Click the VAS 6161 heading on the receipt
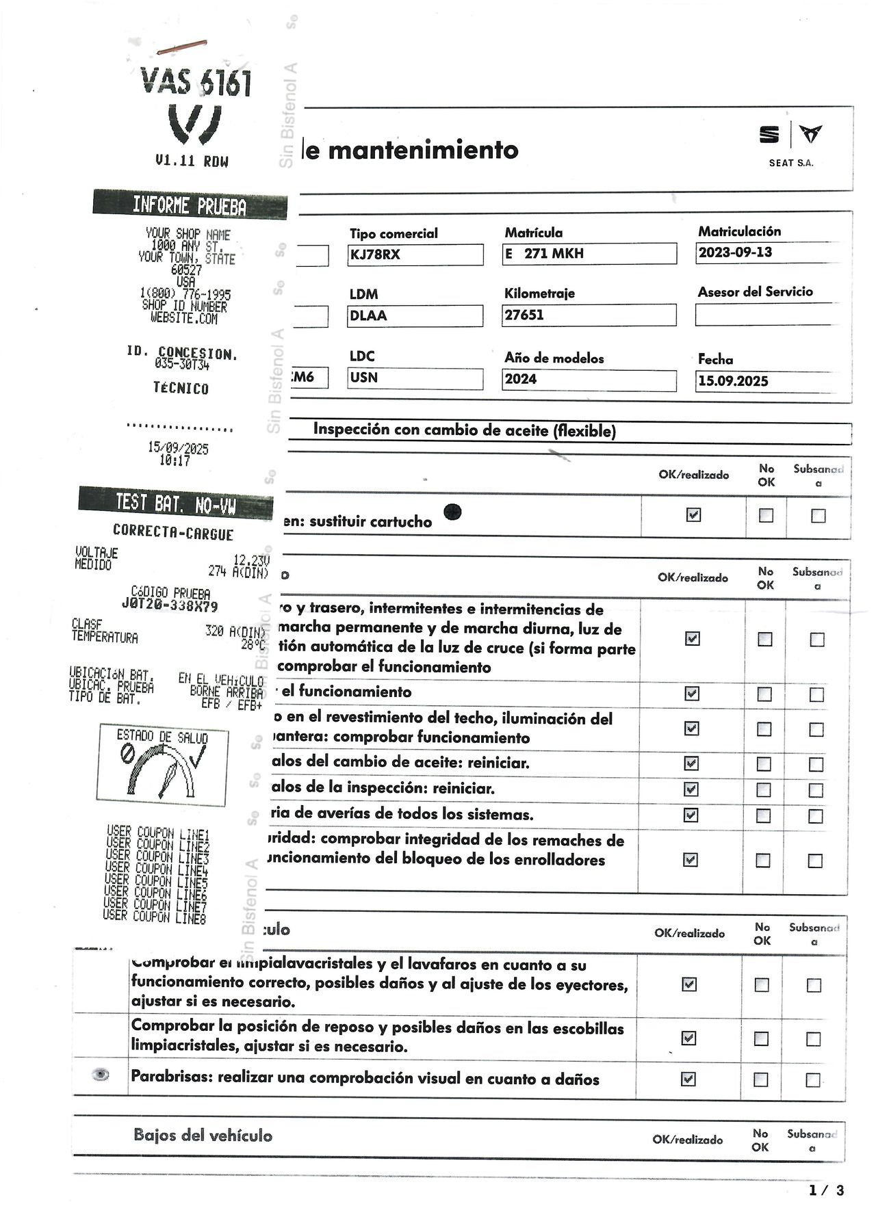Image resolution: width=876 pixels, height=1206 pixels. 196,82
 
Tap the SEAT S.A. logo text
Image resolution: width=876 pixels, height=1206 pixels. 791,163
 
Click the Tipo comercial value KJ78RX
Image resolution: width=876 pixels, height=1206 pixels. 375,255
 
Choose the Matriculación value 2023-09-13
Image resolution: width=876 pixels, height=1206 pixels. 735,252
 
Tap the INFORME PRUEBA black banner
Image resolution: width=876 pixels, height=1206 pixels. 190,205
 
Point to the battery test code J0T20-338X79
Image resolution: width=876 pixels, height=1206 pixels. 170,605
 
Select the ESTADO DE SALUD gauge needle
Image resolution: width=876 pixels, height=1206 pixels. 168,780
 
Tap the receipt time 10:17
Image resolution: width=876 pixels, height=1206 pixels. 175,461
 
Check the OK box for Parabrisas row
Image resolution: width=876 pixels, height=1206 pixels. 688,1079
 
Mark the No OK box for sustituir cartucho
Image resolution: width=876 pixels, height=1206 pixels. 766,515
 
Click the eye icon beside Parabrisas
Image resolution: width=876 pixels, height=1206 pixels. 101,1075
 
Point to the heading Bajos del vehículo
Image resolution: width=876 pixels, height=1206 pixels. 203,1136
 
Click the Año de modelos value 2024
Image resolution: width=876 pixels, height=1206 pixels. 521,380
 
